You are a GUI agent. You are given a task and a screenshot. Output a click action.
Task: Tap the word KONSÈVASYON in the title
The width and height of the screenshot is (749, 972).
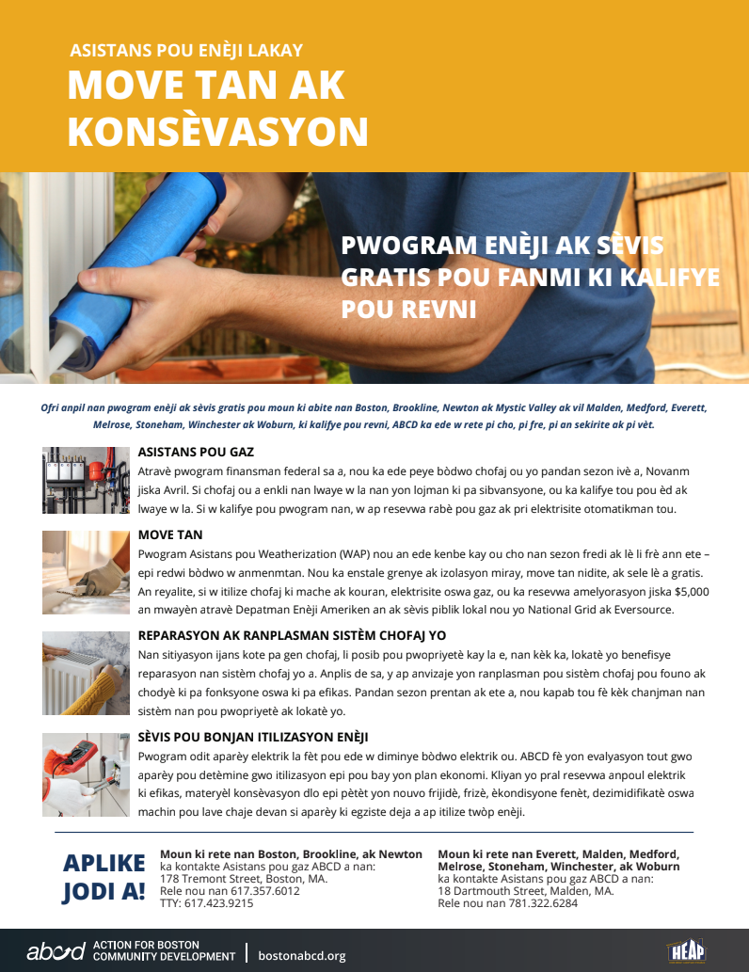pyautogui.click(x=217, y=132)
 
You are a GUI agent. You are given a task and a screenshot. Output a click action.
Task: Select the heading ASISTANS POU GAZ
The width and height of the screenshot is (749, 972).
pyautogui.click(x=196, y=452)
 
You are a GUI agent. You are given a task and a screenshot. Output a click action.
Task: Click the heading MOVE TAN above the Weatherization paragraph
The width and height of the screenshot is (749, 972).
pyautogui.click(x=170, y=534)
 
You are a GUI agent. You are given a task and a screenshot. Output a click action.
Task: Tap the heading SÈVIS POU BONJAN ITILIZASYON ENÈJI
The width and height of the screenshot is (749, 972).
pyautogui.click(x=252, y=737)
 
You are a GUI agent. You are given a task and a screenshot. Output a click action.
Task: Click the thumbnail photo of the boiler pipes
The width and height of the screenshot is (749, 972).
pyautogui.click(x=86, y=480)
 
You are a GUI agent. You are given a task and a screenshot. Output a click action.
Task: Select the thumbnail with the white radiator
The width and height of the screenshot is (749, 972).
pyautogui.click(x=86, y=674)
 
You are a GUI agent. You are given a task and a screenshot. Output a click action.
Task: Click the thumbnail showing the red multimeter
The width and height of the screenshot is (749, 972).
pyautogui.click(x=86, y=774)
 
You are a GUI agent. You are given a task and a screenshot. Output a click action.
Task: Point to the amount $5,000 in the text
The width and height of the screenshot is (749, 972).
pyautogui.click(x=692, y=592)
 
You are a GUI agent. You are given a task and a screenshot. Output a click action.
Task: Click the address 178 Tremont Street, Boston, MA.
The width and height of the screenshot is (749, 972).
pyautogui.click(x=244, y=878)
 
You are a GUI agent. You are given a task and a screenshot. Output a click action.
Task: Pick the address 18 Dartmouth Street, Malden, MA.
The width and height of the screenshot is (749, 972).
pyautogui.click(x=525, y=890)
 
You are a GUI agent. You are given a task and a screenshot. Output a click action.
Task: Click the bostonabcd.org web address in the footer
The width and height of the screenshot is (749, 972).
pyautogui.click(x=301, y=955)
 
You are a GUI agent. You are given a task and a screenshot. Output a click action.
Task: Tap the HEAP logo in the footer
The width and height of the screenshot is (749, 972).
pyautogui.click(x=686, y=950)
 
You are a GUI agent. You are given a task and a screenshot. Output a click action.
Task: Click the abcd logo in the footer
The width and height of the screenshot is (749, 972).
pyautogui.click(x=56, y=951)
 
